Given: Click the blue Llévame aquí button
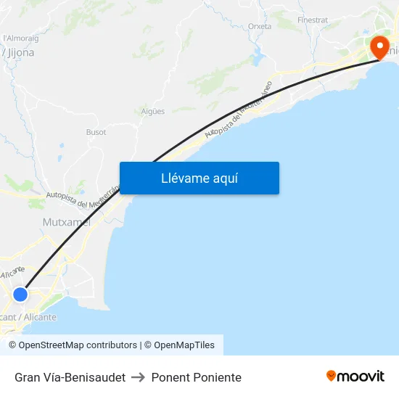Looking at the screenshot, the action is (x=199, y=178).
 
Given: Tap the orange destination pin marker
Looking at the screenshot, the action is (x=379, y=47).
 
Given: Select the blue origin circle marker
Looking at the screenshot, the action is (x=20, y=295).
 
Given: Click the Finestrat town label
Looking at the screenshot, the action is (x=313, y=20).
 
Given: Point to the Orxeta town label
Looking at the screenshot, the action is (x=260, y=26).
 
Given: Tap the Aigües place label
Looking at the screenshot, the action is (x=153, y=111).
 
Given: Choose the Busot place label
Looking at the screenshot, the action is (x=96, y=132).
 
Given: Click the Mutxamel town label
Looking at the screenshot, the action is (x=67, y=222).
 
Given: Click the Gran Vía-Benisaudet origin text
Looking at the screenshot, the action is (x=70, y=377).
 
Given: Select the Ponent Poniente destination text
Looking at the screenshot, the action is (x=196, y=377).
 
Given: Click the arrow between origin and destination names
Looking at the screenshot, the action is (x=138, y=377).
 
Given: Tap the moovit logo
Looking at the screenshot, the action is (x=355, y=376).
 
